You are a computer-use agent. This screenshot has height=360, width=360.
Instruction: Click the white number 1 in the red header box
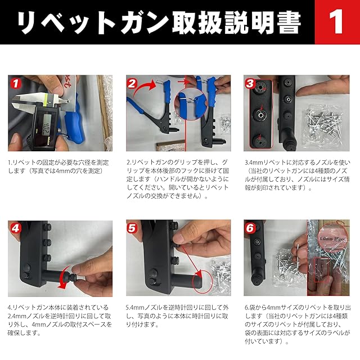336,21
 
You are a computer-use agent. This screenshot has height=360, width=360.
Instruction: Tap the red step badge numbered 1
15,83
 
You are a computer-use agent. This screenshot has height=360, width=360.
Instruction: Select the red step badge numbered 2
132,84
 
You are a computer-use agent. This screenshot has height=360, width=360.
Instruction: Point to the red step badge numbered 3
250,83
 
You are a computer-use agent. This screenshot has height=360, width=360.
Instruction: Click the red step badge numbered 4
15,228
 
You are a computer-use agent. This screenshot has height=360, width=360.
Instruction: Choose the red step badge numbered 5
132,228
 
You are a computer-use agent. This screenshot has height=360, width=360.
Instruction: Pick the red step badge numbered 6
250,228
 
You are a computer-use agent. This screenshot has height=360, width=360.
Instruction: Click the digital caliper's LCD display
47,125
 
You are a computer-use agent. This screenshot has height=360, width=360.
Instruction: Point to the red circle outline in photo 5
203,282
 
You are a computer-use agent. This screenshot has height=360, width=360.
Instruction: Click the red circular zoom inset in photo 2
190,104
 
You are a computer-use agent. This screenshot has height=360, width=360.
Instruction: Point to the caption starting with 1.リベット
58,166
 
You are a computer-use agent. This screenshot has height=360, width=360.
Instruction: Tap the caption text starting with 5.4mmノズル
177,316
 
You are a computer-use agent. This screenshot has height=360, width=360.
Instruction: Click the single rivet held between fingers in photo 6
297,249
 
